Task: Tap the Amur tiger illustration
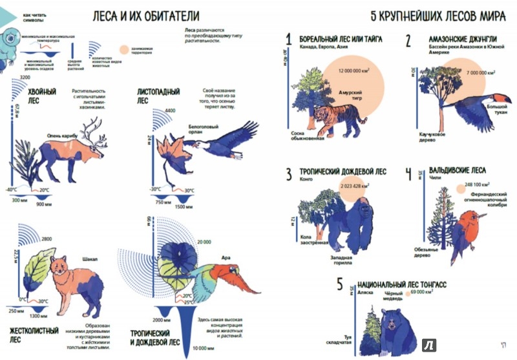tap(336, 118)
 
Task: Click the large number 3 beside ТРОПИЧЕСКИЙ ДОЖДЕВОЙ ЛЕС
tap(290, 174)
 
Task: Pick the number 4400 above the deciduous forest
tap(170, 112)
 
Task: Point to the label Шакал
tap(90, 259)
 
